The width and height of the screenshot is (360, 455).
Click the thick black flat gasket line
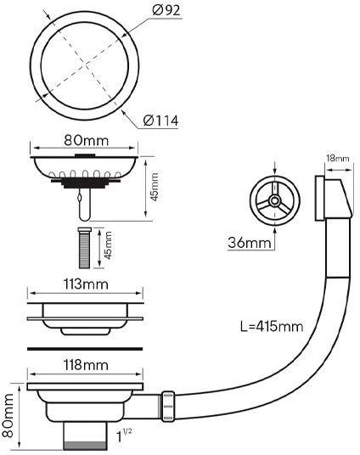click(x=84, y=348)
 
